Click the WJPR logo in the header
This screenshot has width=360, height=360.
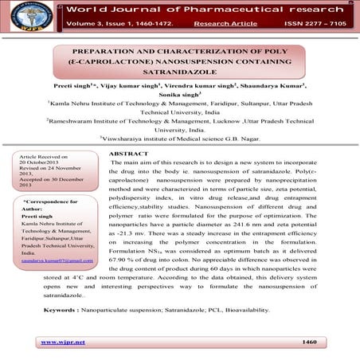pos(22,16)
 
